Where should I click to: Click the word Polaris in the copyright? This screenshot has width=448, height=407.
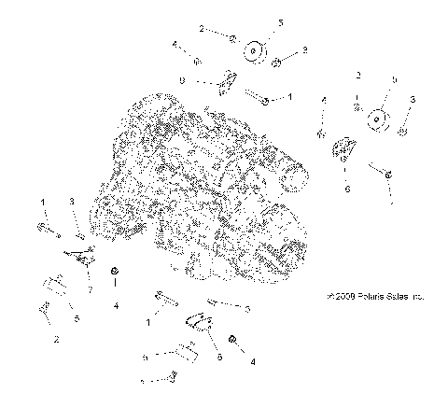coord(369,297)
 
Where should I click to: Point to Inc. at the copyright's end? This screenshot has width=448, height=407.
coord(418,297)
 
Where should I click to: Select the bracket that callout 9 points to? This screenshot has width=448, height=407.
coord(225,83)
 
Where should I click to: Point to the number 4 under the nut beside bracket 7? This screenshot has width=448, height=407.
coord(116,304)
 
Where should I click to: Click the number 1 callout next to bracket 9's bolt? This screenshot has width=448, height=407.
coord(289,96)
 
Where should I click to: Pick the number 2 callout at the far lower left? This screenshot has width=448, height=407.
coord(56,339)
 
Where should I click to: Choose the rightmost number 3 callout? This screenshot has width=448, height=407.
coord(413,98)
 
